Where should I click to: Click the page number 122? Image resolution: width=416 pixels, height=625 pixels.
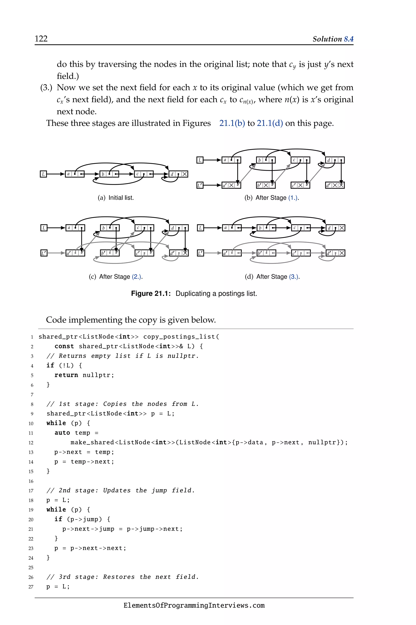[41, 39]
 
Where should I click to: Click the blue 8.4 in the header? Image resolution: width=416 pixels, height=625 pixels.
[349, 39]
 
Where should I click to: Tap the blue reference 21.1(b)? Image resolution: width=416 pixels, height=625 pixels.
[232, 123]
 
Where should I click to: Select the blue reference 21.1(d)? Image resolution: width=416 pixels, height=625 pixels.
[270, 123]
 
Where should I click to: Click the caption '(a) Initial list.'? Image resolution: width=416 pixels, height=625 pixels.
[116, 198]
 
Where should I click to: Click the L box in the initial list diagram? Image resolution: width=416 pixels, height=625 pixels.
[43, 174]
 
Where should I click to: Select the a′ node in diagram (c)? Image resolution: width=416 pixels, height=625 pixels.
[75, 253]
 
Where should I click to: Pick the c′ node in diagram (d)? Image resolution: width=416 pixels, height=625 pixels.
[301, 253]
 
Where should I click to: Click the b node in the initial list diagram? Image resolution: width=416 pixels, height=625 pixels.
[109, 174]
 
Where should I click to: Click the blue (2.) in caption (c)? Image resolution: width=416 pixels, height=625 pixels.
[137, 277]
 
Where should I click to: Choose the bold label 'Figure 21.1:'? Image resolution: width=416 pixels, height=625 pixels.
[151, 294]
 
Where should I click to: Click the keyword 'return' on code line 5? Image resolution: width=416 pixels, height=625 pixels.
[66, 375]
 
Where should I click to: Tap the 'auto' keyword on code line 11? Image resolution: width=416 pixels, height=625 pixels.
[62, 433]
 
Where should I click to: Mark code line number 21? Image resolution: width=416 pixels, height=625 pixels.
[31, 529]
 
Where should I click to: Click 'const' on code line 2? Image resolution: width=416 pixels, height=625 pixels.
[64, 346]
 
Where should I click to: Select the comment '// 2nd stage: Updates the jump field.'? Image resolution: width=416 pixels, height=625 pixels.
[121, 490]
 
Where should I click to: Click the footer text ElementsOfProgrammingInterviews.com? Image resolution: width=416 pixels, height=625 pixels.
[194, 605]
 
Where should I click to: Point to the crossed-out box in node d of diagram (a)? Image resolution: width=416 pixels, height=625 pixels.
[185, 174]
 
